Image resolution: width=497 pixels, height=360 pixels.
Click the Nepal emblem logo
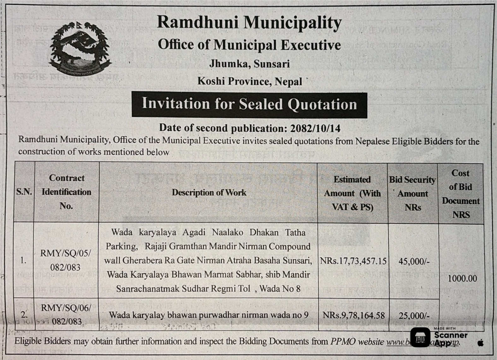tap(80, 47)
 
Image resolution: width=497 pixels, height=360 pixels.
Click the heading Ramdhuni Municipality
tap(249, 23)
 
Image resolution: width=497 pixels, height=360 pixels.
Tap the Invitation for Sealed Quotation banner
tap(249, 104)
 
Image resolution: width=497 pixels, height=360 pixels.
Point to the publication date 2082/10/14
tap(315, 128)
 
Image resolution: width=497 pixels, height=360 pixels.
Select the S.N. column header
tap(24, 192)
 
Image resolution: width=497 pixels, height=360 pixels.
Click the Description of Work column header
tap(209, 192)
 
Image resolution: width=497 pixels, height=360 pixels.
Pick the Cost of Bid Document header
tap(460, 194)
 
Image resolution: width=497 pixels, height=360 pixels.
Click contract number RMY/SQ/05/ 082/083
tap(66, 260)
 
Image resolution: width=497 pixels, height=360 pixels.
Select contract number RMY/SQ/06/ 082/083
tap(66, 315)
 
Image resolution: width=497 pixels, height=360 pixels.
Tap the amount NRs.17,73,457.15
tap(353, 261)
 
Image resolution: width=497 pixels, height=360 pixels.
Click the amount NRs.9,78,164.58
tap(353, 315)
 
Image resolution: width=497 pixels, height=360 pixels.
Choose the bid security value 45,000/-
tap(414, 261)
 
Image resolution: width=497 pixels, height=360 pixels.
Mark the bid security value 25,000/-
tap(414, 316)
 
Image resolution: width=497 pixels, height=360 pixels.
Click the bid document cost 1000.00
tap(462, 278)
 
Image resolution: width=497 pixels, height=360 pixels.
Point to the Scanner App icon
tap(420, 337)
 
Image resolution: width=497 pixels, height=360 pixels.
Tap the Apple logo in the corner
tap(481, 343)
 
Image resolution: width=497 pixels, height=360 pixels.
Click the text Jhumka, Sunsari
tap(249, 64)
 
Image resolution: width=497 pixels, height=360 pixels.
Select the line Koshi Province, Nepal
tap(250, 81)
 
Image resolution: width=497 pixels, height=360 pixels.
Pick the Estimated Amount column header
tap(352, 193)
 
